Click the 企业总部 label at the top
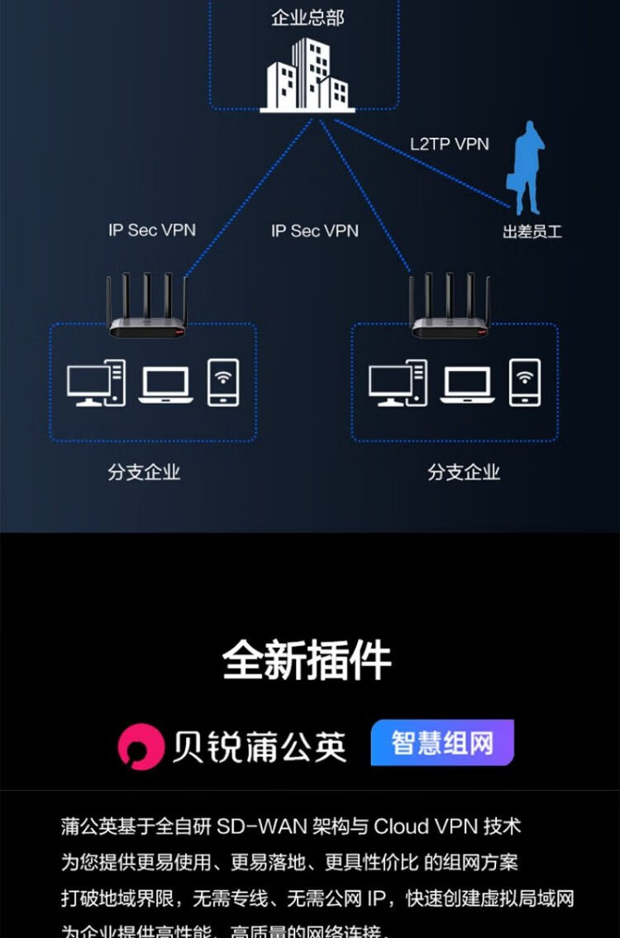click(x=308, y=17)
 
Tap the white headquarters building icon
click(x=308, y=75)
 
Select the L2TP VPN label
click(x=450, y=144)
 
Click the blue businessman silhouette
click(x=528, y=169)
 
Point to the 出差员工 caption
click(x=532, y=231)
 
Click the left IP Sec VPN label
click(x=152, y=230)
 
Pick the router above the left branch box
click(x=149, y=310)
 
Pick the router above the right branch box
click(x=451, y=310)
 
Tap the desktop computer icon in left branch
click(x=96, y=383)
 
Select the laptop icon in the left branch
click(x=165, y=385)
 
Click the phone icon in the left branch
click(x=223, y=382)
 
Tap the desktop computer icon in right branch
click(x=398, y=383)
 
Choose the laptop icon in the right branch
click(x=467, y=385)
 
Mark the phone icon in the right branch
click(x=525, y=382)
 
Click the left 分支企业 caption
click(x=144, y=472)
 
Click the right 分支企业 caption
click(x=464, y=472)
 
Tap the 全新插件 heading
click(x=307, y=660)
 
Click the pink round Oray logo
click(x=141, y=746)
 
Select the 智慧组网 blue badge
click(x=442, y=742)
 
